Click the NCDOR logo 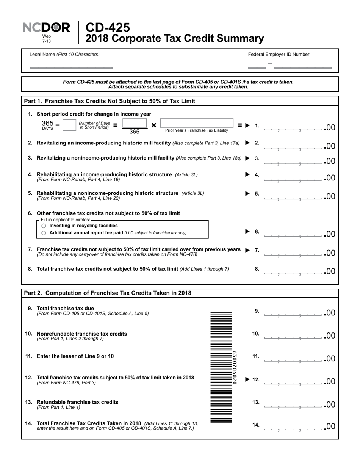point(46,28)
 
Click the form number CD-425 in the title point(108,27)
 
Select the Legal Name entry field point(71,65)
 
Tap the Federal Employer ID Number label point(279,55)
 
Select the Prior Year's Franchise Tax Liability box point(197,124)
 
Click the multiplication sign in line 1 point(154,125)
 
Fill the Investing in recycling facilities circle point(44,226)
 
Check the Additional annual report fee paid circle point(44,233)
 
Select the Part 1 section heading point(110,101)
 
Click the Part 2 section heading point(108,293)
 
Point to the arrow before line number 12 point(248,379)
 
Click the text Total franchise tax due point(65,308)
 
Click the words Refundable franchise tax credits point(77,402)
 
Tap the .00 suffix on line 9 point(330,313)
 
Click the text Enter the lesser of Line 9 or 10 point(75,356)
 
